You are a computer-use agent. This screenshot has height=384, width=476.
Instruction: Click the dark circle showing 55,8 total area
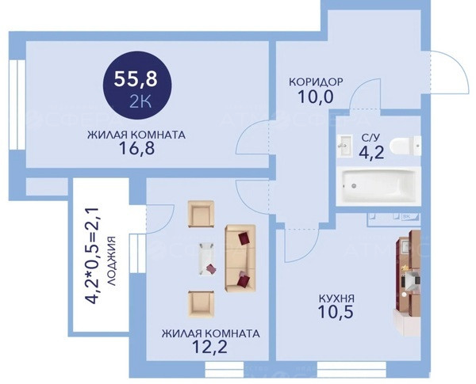[137, 86]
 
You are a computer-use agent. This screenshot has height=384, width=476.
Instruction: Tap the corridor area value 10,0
[316, 97]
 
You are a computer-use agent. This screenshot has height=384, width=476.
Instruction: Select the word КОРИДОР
[316, 82]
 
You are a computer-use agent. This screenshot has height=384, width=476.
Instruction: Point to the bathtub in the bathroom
[378, 186]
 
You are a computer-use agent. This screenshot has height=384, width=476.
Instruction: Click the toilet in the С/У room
[405, 146]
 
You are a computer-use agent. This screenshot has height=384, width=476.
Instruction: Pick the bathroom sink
[344, 146]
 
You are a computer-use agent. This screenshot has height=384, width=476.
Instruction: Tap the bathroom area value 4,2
[371, 153]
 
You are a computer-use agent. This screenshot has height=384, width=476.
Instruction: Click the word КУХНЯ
[336, 298]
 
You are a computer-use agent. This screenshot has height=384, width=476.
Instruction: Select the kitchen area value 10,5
[336, 312]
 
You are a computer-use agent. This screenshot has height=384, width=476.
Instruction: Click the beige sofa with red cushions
[240, 259]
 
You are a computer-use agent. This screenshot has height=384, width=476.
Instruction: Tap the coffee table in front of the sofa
[207, 259]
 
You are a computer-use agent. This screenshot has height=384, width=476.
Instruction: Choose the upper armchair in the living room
[201, 214]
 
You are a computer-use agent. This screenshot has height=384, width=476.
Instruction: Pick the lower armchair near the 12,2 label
[201, 304]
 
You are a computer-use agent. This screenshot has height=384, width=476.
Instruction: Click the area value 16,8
[137, 149]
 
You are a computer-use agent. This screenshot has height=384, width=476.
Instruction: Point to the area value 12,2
[210, 348]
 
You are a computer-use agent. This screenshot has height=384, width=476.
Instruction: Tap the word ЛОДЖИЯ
[112, 261]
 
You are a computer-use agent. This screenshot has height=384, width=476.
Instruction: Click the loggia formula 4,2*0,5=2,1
[91, 256]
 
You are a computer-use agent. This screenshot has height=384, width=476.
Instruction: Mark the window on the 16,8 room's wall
[17, 105]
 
